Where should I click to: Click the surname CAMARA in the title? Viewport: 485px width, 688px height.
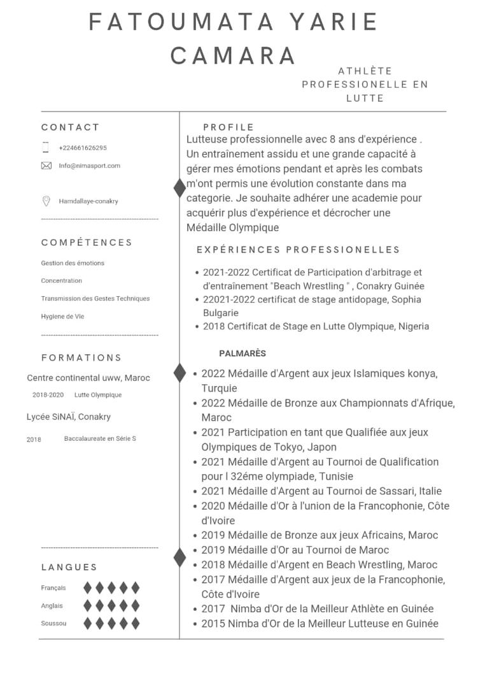(233, 55)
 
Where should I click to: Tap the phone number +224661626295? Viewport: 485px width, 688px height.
(83, 148)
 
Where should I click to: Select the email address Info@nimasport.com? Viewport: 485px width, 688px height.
(89, 166)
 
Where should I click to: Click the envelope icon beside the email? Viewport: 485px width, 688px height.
(46, 166)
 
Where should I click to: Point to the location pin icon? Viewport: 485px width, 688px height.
(46, 201)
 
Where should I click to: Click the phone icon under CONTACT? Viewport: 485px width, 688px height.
(45, 147)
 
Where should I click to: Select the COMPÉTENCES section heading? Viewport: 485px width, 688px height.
(87, 242)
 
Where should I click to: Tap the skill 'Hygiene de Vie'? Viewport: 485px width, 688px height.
(62, 317)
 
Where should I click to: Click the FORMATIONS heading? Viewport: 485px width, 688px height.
(81, 357)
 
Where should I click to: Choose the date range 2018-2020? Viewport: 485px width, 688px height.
(48, 395)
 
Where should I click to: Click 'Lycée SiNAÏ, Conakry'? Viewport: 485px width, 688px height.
(68, 417)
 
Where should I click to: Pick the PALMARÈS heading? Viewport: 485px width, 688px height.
(243, 353)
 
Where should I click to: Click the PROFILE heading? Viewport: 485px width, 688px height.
(228, 127)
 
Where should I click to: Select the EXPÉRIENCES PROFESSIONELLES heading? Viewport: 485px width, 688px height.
(298, 250)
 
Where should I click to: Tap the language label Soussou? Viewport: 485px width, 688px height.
(53, 624)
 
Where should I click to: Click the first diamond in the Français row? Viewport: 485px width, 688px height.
(88, 588)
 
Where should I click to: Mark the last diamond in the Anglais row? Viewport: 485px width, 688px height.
(134, 606)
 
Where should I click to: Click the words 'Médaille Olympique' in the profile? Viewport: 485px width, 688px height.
(232, 227)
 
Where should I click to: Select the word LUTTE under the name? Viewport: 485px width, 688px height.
(365, 98)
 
